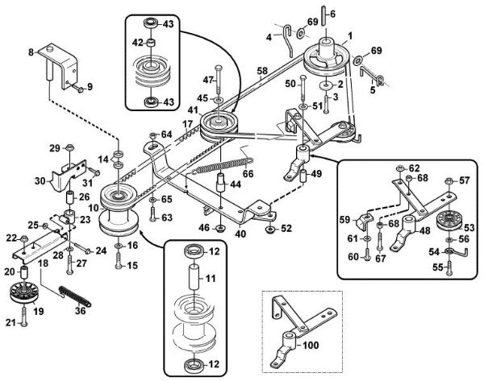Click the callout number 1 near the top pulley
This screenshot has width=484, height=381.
tap(350, 35)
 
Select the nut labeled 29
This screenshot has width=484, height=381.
tap(69, 147)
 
